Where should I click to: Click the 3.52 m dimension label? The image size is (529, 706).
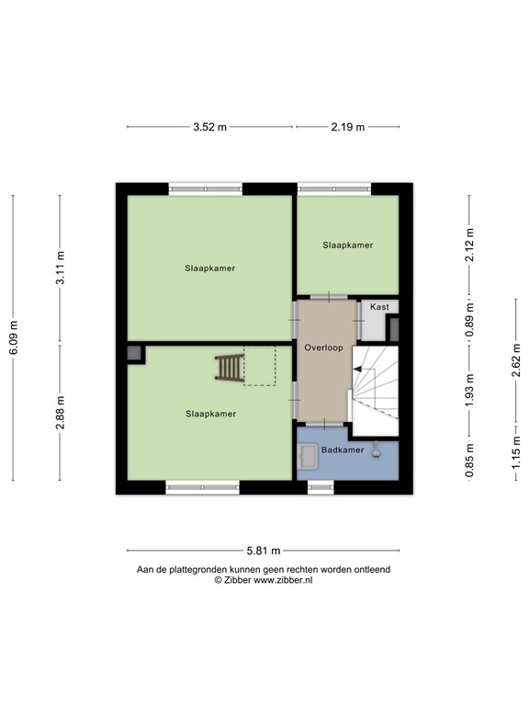coord(209,128)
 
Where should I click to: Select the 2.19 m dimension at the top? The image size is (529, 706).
coord(347,128)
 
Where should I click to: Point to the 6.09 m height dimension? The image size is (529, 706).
coord(14,337)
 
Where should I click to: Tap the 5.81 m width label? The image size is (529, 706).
coord(264,551)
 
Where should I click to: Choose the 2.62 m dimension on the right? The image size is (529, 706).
coord(515,360)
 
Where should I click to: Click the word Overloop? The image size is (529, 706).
coord(323,349)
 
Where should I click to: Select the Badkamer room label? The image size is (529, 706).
coord(342,450)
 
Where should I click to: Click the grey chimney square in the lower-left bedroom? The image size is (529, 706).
coord(135,353)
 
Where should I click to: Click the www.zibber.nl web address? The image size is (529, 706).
coord(283,581)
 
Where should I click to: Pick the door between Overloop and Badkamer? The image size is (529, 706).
coord(325,424)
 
